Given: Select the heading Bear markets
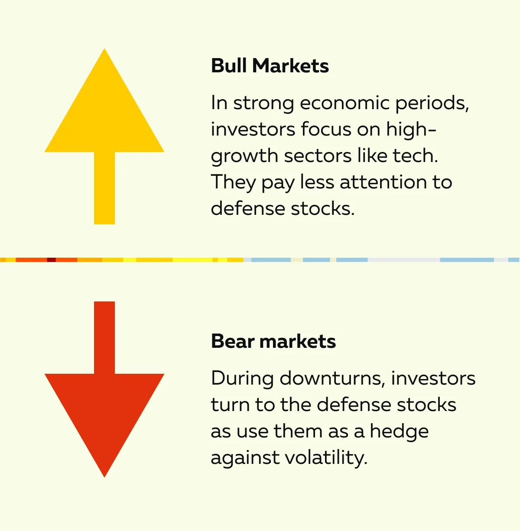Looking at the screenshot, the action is tap(273, 341).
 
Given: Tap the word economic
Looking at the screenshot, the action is tap(344, 103).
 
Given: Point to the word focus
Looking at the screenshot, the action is tap(326, 129).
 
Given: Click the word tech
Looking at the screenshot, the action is tap(415, 155).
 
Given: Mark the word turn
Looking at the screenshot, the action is tap(230, 405).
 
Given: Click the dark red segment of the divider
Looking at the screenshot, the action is tap(51, 259).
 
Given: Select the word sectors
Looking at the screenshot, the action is tap(318, 156).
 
